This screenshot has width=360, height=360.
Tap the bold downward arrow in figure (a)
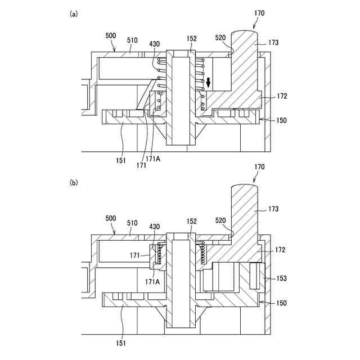click(x=209, y=83)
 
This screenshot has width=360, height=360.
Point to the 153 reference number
click(x=281, y=277)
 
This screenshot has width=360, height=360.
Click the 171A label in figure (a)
click(x=153, y=159)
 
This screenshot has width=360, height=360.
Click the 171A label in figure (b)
click(x=153, y=280)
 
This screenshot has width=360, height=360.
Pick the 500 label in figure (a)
click(x=111, y=35)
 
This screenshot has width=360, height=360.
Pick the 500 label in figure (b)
click(x=111, y=217)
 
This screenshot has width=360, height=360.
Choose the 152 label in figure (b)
click(x=192, y=221)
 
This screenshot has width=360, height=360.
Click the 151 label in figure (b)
click(x=121, y=343)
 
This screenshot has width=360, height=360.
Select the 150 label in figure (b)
click(x=281, y=303)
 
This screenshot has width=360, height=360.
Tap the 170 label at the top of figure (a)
click(x=259, y=12)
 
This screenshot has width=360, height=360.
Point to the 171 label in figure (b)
click(x=135, y=255)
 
